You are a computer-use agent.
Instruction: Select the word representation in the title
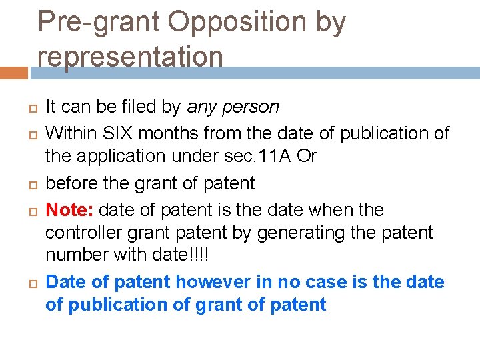130,56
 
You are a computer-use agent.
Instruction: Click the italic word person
253,107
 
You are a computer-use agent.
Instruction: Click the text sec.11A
267,156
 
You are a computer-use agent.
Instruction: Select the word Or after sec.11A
307,156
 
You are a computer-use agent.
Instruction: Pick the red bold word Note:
70,209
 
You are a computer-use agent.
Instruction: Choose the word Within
68,133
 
